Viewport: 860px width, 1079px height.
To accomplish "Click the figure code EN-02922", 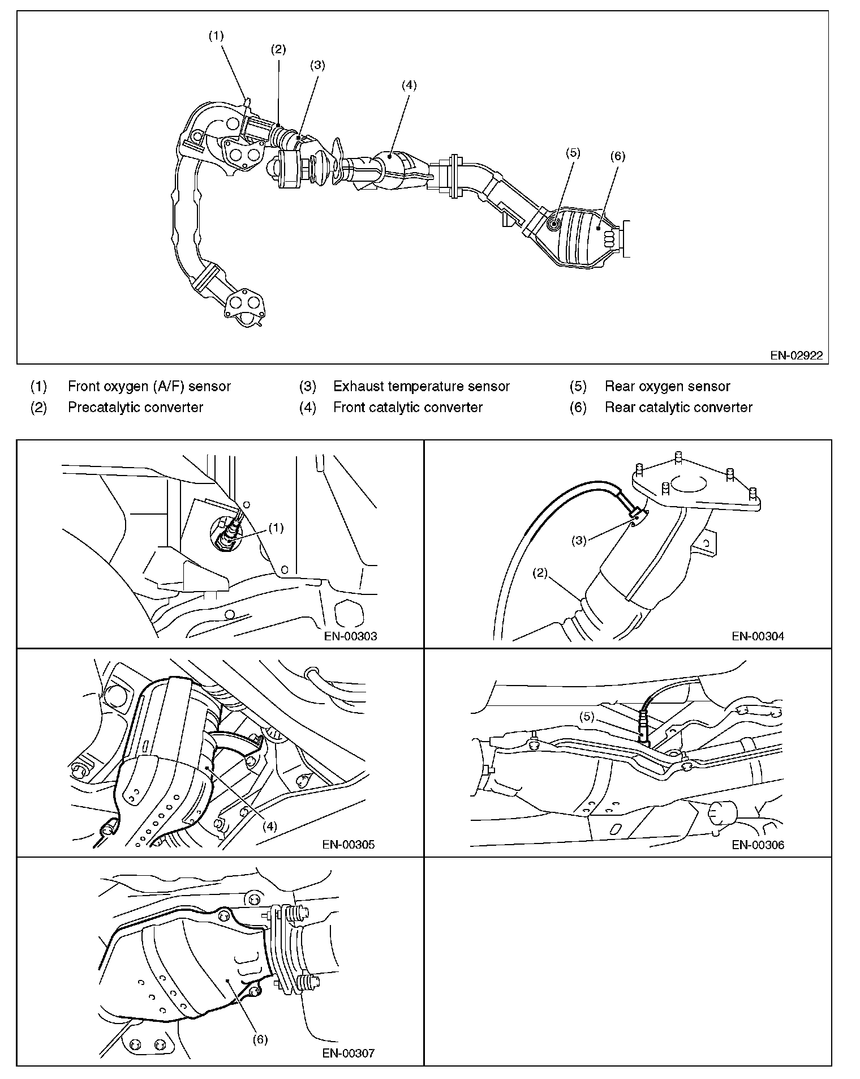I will click(796, 355).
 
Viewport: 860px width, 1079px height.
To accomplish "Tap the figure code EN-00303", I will click(350, 636).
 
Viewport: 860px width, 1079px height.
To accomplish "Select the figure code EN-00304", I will click(758, 636).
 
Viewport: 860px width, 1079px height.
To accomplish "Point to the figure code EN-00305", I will click(349, 845).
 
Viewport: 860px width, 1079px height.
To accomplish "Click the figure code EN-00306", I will click(758, 845).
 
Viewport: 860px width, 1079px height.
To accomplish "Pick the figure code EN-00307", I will click(349, 1053).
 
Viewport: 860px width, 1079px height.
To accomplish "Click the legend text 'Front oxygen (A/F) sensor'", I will click(149, 386).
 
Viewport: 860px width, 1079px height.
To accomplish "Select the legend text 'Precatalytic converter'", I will click(135, 407).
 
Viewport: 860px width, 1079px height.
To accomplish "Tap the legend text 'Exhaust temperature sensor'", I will click(422, 386).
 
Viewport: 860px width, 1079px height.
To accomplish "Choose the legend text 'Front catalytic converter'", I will click(408, 407).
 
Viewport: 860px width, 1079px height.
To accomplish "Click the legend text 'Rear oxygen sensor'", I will click(668, 386).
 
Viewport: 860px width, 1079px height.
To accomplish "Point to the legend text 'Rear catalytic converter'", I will click(678, 407).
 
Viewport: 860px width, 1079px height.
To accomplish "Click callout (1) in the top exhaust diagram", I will click(216, 36).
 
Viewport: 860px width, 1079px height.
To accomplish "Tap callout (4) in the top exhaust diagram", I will click(408, 85).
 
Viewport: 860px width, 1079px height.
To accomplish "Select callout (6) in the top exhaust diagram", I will click(617, 156).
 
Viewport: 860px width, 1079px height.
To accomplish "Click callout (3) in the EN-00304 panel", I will click(579, 540).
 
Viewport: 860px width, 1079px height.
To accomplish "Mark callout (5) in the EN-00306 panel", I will click(587, 717).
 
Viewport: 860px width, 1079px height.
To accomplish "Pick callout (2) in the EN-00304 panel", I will click(540, 573).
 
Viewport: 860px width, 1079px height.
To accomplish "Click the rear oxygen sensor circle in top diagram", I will click(554, 224).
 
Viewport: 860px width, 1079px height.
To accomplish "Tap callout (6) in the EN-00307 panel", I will click(260, 1039).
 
